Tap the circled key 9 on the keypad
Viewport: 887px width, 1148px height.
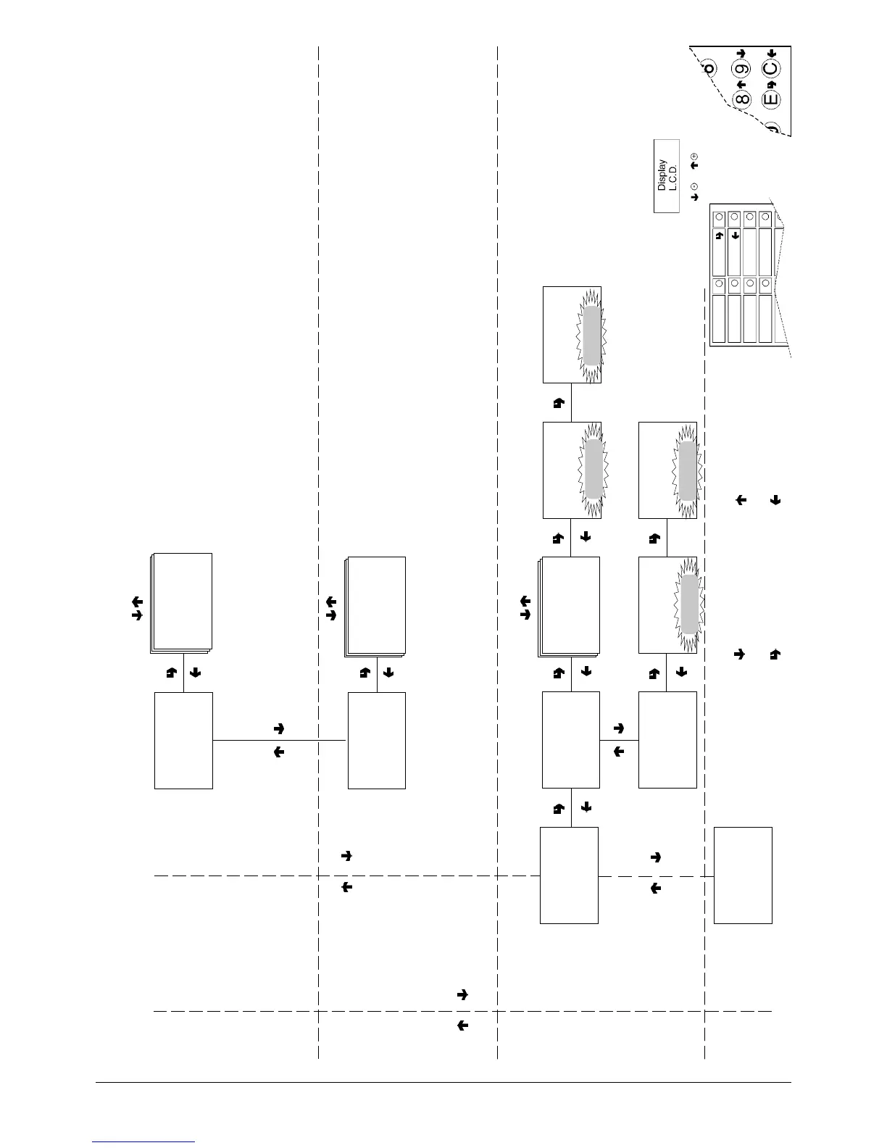tap(741, 71)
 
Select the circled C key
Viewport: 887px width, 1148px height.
tap(771, 70)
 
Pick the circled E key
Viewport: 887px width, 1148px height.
tap(771, 99)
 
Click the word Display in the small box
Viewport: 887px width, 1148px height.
tap(662, 175)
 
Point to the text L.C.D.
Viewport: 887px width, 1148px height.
tap(672, 175)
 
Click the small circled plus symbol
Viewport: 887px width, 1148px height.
tap(694, 157)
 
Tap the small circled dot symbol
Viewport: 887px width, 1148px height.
tap(694, 186)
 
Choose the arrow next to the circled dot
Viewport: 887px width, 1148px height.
tap(694, 196)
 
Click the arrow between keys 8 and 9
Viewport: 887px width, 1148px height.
tap(741, 85)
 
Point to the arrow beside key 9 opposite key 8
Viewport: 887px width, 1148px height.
tap(741, 54)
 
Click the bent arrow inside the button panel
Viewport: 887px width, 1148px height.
tap(719, 235)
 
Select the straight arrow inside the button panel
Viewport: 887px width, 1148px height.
tap(735, 235)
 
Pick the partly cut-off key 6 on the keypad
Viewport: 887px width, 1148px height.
tap(709, 68)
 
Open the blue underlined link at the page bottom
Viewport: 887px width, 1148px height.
tap(143, 1142)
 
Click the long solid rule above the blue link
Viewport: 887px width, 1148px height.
tap(443, 1083)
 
